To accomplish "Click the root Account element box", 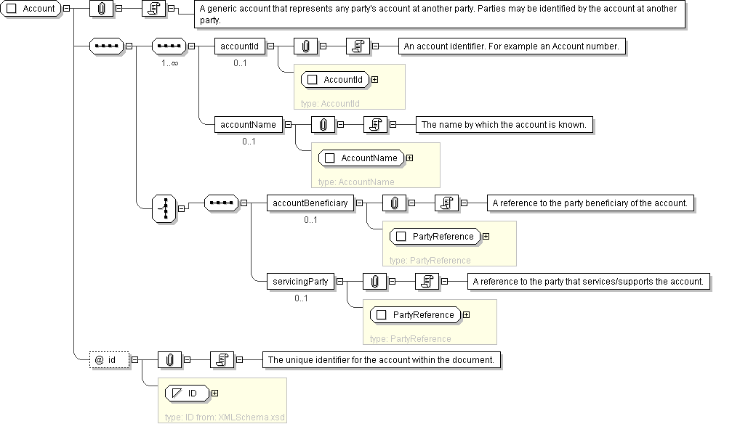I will click(x=33, y=9).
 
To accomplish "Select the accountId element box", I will click(x=239, y=46).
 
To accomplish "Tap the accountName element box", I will click(x=248, y=125).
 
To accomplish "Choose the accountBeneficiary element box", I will click(x=310, y=203).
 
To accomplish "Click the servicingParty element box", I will click(x=301, y=282).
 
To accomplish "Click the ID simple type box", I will click(x=186, y=394).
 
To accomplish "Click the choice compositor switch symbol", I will click(x=164, y=208).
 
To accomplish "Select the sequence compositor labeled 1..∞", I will click(x=169, y=46).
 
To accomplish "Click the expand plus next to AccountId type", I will click(x=375, y=80).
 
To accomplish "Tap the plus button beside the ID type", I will click(x=214, y=394).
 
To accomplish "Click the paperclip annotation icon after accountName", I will click(x=322, y=125).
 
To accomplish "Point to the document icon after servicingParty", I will click(x=429, y=282).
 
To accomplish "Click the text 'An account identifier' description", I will click(x=512, y=46).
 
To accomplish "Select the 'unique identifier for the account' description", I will click(x=381, y=359).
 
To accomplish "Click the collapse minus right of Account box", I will click(x=67, y=9).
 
